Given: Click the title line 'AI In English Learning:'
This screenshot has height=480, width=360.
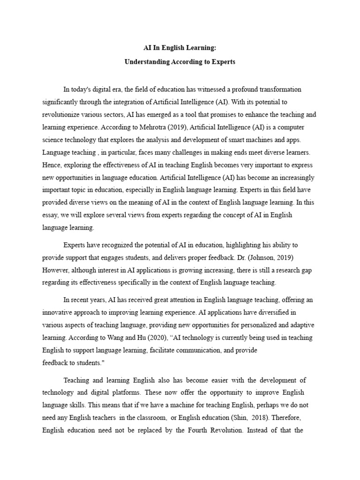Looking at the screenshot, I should pos(180,48).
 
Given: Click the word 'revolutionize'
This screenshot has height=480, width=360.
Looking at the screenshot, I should pos(61,114).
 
